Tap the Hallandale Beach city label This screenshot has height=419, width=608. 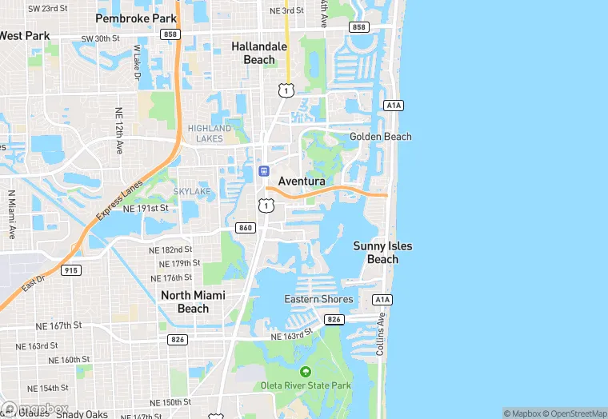(x=259, y=53)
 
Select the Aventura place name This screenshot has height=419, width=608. (x=302, y=182)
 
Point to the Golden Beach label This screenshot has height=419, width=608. (x=381, y=137)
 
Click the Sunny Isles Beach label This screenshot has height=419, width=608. (x=383, y=252)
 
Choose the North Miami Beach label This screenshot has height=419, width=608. (x=193, y=301)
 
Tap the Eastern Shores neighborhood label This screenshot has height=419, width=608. (x=318, y=299)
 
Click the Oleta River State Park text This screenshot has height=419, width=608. (x=306, y=385)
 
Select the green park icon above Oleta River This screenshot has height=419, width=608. (x=305, y=372)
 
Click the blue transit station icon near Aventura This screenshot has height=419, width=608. (x=263, y=170)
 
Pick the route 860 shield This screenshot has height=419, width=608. (x=246, y=228)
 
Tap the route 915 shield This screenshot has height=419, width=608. (x=71, y=270)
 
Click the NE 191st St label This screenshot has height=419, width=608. (x=146, y=208)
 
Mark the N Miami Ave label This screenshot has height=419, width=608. (x=12, y=214)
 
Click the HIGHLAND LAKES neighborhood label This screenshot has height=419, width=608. (x=210, y=133)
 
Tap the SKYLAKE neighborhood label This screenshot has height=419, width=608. (x=192, y=192)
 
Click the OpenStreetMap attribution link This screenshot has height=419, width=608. (x=577, y=413)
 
